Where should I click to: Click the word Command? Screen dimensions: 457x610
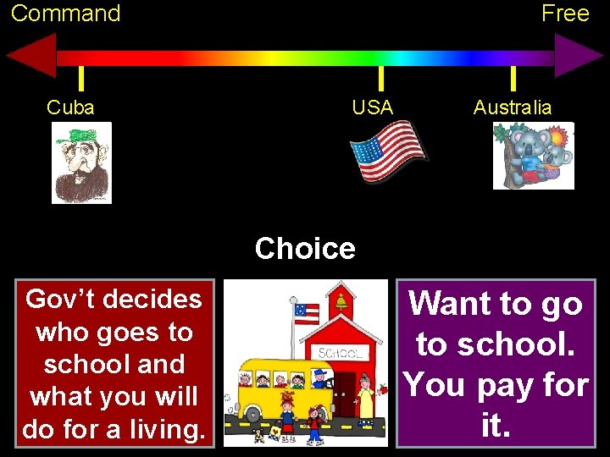click(x=66, y=14)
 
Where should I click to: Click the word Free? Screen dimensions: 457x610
click(x=565, y=14)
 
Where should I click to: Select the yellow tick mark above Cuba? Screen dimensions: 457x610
click(x=80, y=78)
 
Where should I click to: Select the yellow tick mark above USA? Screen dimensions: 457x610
click(x=381, y=78)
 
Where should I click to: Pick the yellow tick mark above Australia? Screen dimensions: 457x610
click(x=513, y=78)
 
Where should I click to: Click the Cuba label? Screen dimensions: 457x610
click(x=70, y=107)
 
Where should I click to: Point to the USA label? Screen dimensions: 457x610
click(x=373, y=107)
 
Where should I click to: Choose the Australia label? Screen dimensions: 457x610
click(x=513, y=107)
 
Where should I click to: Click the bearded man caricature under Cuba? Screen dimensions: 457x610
click(x=81, y=162)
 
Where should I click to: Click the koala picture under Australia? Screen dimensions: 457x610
click(x=534, y=156)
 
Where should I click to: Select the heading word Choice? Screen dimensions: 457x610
click(x=305, y=249)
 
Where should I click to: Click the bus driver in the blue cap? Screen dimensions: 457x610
click(x=319, y=377)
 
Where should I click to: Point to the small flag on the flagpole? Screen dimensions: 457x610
click(x=306, y=312)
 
